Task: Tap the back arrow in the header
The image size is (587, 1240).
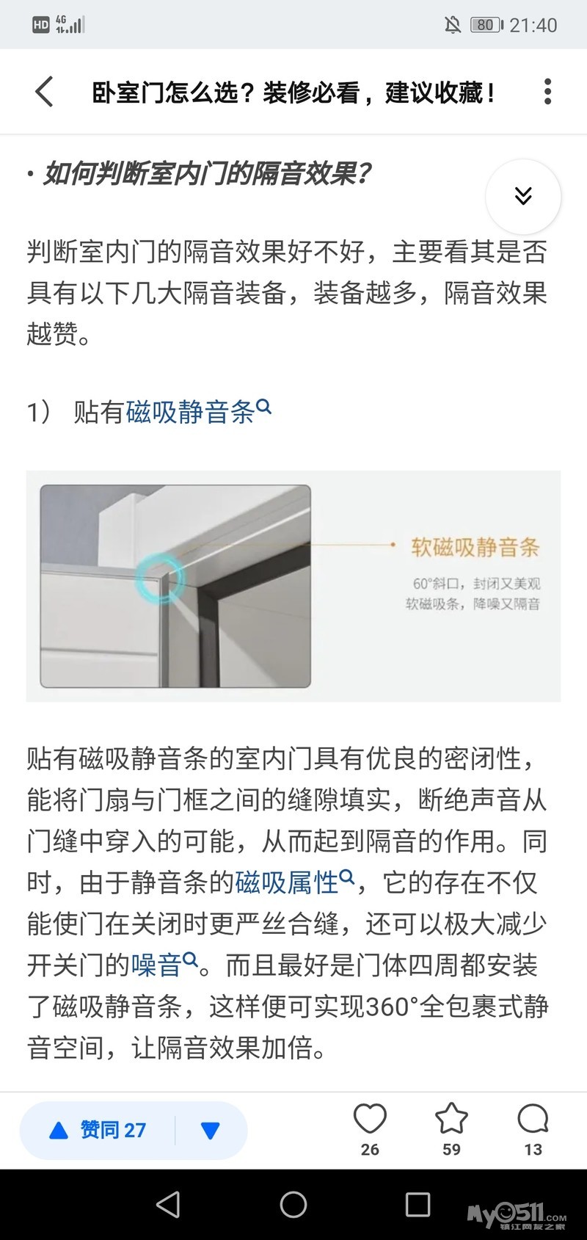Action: pos(44,91)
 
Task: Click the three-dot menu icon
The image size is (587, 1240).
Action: pos(547,91)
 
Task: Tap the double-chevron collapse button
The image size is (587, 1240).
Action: pos(523,197)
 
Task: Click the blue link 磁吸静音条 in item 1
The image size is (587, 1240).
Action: pos(190,412)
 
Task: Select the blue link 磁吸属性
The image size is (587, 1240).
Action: pos(287,882)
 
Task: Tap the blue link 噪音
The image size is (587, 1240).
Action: pos(156,965)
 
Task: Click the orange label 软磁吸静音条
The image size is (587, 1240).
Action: pos(475,547)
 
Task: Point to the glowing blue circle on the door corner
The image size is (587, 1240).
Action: pos(159,579)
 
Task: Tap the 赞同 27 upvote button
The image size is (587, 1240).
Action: pos(98,1131)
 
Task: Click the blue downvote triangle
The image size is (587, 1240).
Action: pos(211,1131)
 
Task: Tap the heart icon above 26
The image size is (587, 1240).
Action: pos(370,1118)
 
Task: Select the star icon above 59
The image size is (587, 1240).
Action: pos(451,1117)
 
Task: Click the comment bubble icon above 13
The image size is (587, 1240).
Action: pos(533,1118)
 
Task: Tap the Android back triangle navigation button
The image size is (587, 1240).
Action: pos(168,1204)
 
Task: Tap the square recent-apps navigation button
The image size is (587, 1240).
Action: pos(418,1204)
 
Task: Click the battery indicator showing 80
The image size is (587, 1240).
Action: pos(486,25)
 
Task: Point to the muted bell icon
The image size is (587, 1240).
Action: pos(453,25)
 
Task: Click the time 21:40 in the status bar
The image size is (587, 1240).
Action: pos(533,25)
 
